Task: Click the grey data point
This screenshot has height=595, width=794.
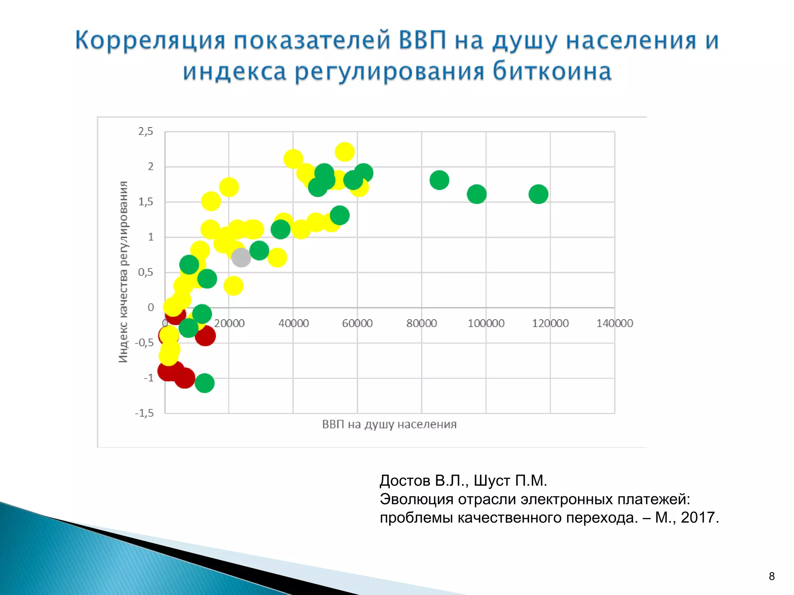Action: pyautogui.click(x=241, y=258)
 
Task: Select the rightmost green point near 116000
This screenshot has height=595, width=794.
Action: pyautogui.click(x=538, y=194)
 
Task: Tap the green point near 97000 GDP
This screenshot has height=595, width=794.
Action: pyautogui.click(x=476, y=194)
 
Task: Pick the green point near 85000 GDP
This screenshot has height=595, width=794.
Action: pyautogui.click(x=439, y=180)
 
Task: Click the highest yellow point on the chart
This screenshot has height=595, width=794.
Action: pyautogui.click(x=345, y=151)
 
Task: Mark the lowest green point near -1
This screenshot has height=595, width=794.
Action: pyautogui.click(x=204, y=383)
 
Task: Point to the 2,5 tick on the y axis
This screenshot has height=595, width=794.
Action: pyautogui.click(x=146, y=131)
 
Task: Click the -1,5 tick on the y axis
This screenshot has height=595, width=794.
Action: pyautogui.click(x=144, y=413)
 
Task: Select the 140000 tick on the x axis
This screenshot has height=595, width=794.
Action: pyautogui.click(x=614, y=323)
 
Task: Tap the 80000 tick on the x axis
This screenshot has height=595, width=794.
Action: pyautogui.click(x=421, y=323)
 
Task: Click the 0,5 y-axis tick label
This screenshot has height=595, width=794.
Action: pyautogui.click(x=146, y=272)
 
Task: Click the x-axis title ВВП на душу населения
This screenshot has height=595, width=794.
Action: pyautogui.click(x=389, y=424)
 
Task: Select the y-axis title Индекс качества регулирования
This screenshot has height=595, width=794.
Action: pyautogui.click(x=123, y=272)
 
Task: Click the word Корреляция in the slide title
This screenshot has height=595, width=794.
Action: pyautogui.click(x=150, y=41)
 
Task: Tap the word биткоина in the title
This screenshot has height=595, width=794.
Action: pyautogui.click(x=552, y=72)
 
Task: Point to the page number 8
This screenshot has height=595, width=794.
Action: pyautogui.click(x=772, y=576)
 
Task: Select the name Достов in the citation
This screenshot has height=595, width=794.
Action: pyautogui.click(x=405, y=481)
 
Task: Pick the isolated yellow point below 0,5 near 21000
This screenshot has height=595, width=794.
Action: pyautogui.click(x=233, y=286)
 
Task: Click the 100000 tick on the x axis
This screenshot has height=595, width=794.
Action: pyautogui.click(x=486, y=323)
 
